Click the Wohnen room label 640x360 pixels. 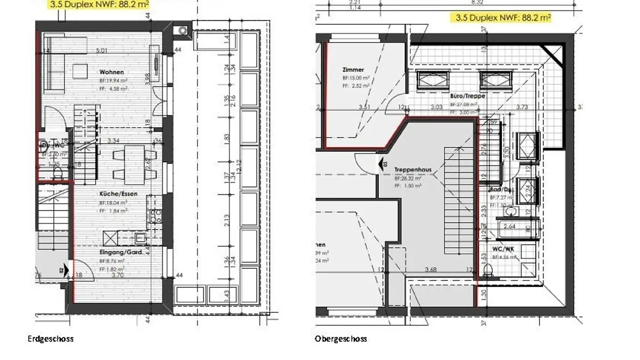pos(112,72)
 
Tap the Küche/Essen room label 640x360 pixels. pos(118,194)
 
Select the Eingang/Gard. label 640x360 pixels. pos(121,252)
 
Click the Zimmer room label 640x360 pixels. pos(353,70)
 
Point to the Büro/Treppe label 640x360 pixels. pos(467,96)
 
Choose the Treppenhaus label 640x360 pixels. pos(413,170)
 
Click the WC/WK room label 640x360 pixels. pos(503,249)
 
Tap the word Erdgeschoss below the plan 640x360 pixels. pos(51,339)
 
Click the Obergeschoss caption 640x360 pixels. pos(341,339)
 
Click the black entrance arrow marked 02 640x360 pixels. pos(66,270)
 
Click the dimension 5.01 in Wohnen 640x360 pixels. pos(102,51)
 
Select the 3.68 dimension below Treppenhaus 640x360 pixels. pos(431,269)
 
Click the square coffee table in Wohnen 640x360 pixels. pos(80,72)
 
